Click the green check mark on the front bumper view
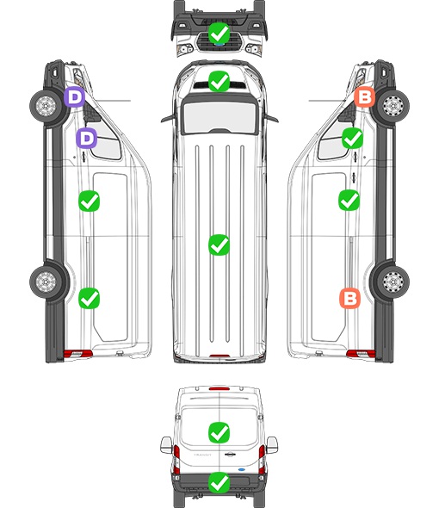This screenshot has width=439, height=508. pyautogui.click(x=219, y=33)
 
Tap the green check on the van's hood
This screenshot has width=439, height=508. pyautogui.click(x=219, y=81)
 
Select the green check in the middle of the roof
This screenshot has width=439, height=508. pyautogui.click(x=219, y=245)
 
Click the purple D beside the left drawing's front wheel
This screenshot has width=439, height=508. pyautogui.click(x=75, y=97)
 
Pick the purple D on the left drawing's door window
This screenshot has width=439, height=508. pyautogui.click(x=86, y=139)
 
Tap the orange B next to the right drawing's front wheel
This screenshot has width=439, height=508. pyautogui.click(x=364, y=97)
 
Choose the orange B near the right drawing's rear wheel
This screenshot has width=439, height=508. pyautogui.click(x=349, y=299)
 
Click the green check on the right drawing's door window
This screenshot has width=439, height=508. pyautogui.click(x=353, y=139)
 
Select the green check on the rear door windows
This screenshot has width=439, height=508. pyautogui.click(x=219, y=432)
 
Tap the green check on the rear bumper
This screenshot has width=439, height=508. pyautogui.click(x=219, y=482)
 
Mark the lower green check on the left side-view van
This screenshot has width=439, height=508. pyautogui.click(x=90, y=299)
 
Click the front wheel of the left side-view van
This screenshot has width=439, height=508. pyautogui.click(x=46, y=106)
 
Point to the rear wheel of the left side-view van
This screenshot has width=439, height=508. pyautogui.click(x=46, y=282)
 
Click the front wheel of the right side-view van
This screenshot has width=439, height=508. pyautogui.click(x=393, y=106)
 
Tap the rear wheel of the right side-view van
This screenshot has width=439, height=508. pyautogui.click(x=393, y=282)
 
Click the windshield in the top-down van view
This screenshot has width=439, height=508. pyautogui.click(x=219, y=116)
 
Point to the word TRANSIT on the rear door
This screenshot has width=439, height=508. pyautogui.click(x=202, y=455)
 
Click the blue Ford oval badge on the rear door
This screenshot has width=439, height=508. pyautogui.click(x=242, y=469)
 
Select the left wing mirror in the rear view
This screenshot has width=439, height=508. pyautogui.click(x=166, y=445)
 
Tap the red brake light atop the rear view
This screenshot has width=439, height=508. pyautogui.click(x=219, y=388)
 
